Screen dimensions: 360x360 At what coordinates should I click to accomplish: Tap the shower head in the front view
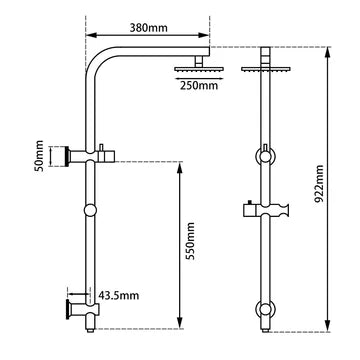[x=265, y=68]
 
